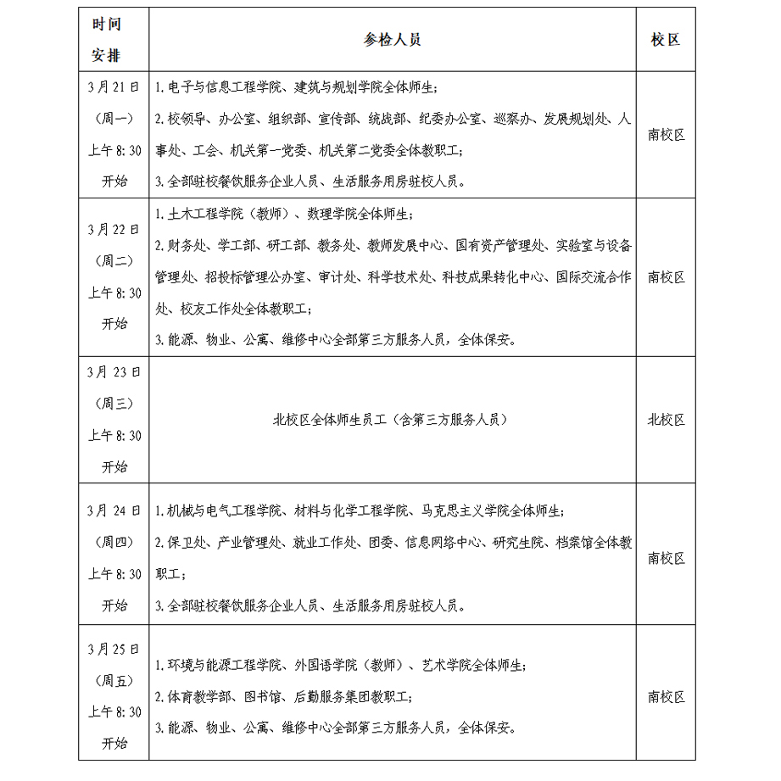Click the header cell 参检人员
(x=393, y=40)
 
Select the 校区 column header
(x=666, y=40)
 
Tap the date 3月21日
(x=113, y=87)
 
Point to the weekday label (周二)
(x=113, y=261)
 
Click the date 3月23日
(x=113, y=371)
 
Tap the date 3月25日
(x=113, y=650)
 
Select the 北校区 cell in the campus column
(x=666, y=420)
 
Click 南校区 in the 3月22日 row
(x=666, y=277)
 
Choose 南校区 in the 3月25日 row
(x=666, y=697)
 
